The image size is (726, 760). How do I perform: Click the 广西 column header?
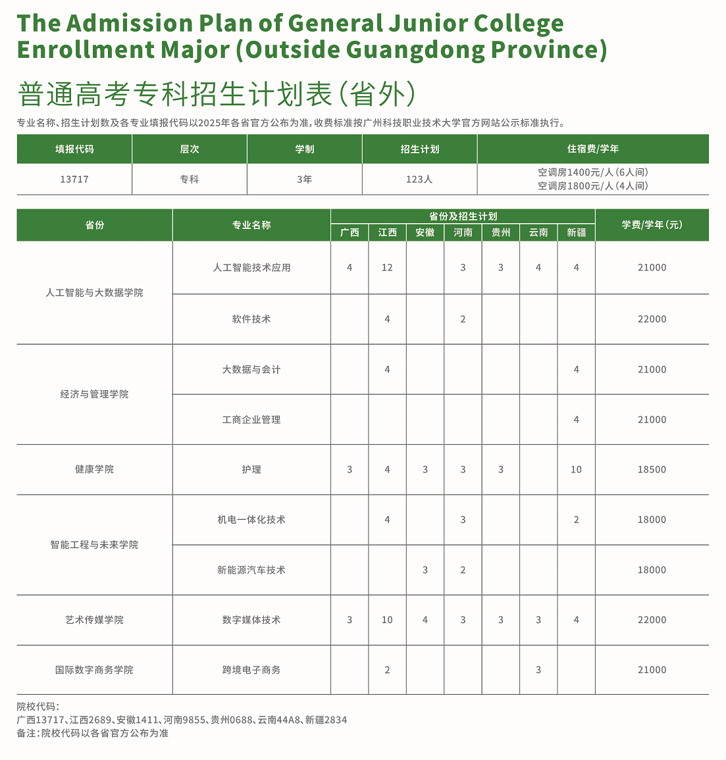coord(350,232)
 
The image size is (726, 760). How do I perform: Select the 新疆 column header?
coord(576,232)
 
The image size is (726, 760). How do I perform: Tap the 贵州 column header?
coord(501,232)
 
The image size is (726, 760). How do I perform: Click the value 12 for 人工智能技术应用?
coord(387,268)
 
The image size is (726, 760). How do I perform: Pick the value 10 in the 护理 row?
coord(576,470)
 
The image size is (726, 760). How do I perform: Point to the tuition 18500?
coord(652,470)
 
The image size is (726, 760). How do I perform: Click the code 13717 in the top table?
coord(74,179)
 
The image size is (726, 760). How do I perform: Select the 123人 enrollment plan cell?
coord(419,179)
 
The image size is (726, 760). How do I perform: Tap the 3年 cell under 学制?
coord(304,179)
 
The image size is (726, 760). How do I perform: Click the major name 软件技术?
coord(251,319)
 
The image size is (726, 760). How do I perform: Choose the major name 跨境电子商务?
coord(251,670)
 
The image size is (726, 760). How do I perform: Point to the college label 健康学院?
coord(94,470)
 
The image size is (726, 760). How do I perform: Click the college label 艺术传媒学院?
coord(94,620)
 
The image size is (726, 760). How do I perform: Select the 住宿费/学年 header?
coord(592,149)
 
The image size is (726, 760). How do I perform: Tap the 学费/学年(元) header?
coord(652,225)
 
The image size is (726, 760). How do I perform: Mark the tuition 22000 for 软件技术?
coord(652,319)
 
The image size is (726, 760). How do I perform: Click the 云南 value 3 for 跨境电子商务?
coord(538,670)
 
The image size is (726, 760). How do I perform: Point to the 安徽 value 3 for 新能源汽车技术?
coord(425,570)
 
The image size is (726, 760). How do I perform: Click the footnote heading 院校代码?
coord(38,707)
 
